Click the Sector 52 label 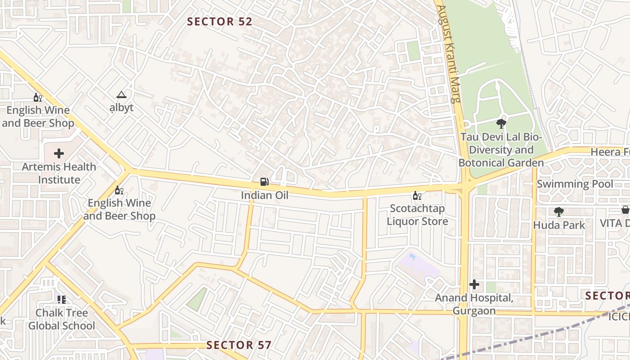[220, 22]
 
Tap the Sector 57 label [239, 345]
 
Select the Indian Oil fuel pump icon [265, 182]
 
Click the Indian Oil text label [265, 195]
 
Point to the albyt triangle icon [121, 95]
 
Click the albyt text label [121, 108]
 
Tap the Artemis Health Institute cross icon [59, 153]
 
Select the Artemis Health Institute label [59, 173]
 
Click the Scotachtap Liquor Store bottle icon [417, 195]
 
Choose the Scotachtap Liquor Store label [417, 215]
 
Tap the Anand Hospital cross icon [474, 284]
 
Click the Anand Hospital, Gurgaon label [474, 304]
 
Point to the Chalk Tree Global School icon [62, 300]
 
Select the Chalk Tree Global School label [62, 319]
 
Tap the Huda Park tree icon [559, 211]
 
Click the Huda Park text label [559, 225]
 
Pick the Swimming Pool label [575, 184]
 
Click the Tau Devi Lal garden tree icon [501, 124]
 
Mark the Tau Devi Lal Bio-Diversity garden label [501, 150]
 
